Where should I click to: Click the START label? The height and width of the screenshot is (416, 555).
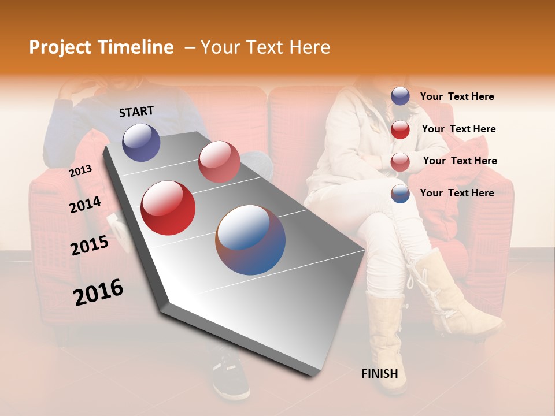136,112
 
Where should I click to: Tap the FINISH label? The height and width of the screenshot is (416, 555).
379,374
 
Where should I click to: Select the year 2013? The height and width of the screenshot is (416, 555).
81,170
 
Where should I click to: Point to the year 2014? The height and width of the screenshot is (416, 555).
85,205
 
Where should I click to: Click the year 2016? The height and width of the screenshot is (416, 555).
98,292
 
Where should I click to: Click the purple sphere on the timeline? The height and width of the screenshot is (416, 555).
141,142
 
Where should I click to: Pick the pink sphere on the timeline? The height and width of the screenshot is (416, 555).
219,162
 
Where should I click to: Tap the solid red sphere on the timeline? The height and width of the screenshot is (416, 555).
168,208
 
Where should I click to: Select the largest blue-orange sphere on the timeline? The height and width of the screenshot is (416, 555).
250,240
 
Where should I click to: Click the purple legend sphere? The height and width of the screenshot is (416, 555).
400,96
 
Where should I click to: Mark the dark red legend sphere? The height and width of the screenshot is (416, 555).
400,129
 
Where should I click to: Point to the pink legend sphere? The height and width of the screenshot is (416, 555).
400,162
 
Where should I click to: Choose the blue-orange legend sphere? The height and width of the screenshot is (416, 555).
400,194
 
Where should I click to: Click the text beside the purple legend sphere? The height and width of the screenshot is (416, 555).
457,96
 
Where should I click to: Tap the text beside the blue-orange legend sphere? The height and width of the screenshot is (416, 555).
457,193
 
